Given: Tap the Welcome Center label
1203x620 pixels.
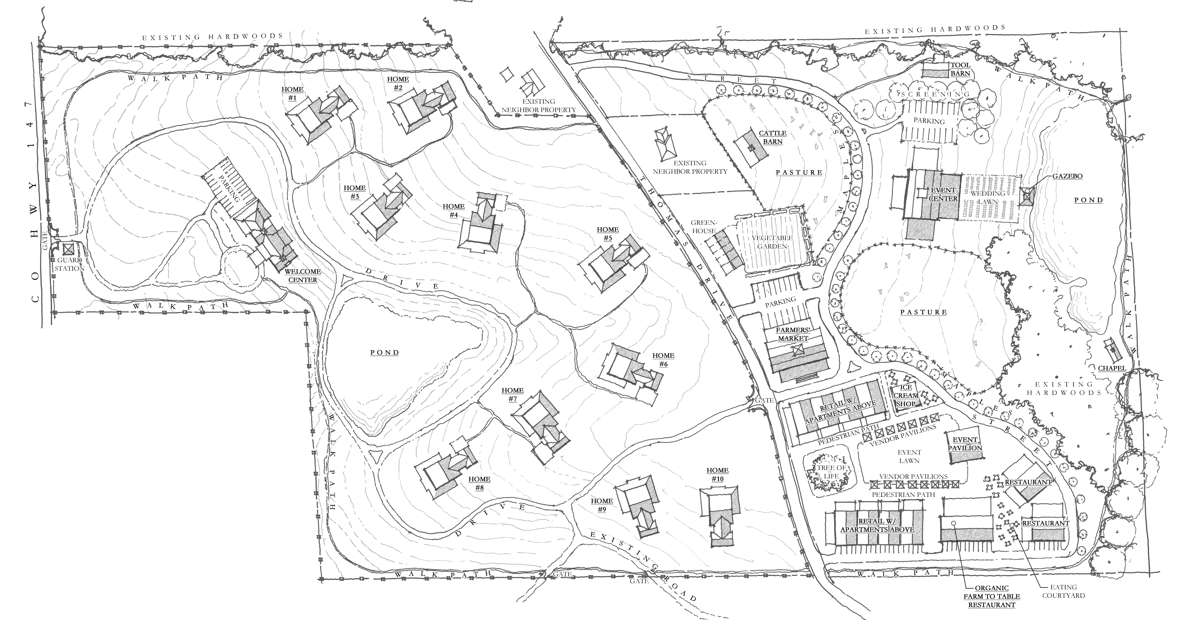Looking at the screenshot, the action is point(303,275).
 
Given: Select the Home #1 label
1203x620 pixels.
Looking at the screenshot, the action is point(292,93).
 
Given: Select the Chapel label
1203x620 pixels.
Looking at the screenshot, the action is point(1112,368).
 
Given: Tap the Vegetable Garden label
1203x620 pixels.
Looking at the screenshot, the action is point(772,242).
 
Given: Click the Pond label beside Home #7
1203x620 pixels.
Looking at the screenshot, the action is point(385,352).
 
